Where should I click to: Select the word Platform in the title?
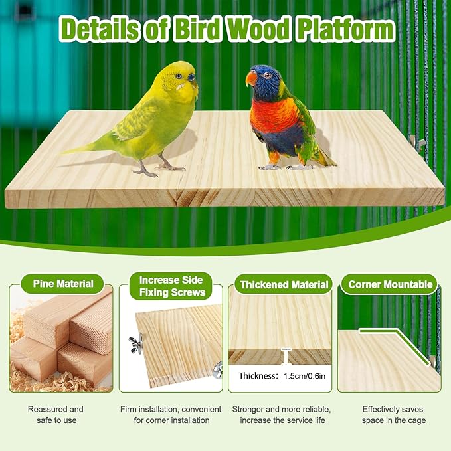click(x=345, y=30)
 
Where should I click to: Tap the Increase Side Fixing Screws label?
click(x=171, y=285)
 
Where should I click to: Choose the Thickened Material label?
click(x=284, y=285)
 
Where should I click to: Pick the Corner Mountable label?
click(x=391, y=285)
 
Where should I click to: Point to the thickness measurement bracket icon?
click(x=286, y=357)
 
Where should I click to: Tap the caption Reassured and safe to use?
click(x=56, y=415)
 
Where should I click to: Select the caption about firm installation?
click(x=170, y=415)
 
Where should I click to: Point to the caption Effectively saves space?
click(x=393, y=415)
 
